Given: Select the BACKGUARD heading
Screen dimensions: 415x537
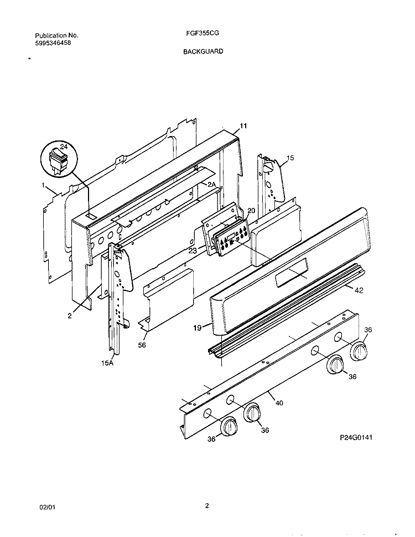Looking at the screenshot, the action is coord(203,51).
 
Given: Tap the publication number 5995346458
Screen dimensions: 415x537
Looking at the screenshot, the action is coord(53,43).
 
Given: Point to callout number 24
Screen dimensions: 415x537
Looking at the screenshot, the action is coord(64,147).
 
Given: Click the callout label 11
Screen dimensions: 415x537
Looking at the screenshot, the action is coord(243,126).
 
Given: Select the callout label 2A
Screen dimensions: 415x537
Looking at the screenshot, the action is coord(211,184).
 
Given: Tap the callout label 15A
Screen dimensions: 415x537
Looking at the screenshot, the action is coord(107,363).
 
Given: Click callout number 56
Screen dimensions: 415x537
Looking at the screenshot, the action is coord(142,345).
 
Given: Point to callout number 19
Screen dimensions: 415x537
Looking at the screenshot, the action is coord(197,328).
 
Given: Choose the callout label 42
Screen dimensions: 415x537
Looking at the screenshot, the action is coord(359,290).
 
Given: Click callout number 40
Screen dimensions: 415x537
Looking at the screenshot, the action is coord(279,403).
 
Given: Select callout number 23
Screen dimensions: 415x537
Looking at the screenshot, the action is coord(193,251).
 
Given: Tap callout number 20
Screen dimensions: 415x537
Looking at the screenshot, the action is coord(251,211).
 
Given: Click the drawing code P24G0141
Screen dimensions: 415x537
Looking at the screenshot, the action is coord(356,437).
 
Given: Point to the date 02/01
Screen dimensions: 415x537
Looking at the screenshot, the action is coord(48,507).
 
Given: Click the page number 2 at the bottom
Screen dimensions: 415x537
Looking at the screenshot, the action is coord(207,505).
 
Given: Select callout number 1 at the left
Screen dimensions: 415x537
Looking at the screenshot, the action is coord(43,185).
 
